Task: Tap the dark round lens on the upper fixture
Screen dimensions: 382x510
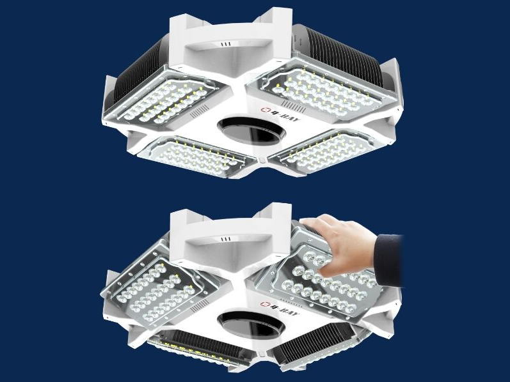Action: click(251, 130)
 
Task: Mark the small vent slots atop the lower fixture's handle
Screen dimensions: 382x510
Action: click(225, 240)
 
